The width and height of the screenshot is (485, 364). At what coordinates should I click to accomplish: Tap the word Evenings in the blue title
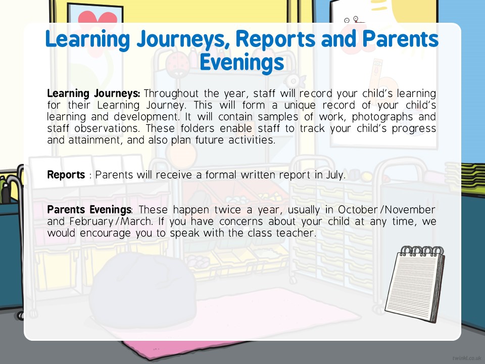point(242,63)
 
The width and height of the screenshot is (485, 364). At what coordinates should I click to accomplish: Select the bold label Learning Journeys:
point(93,94)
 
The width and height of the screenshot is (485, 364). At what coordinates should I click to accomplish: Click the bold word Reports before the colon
point(66,175)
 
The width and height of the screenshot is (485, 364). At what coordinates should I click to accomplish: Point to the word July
point(335,175)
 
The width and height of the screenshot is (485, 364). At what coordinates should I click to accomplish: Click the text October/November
point(386,210)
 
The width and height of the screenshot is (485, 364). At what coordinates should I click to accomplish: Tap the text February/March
point(111,222)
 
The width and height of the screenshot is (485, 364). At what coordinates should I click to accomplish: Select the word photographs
point(382,117)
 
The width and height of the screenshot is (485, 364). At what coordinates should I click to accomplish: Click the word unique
point(300,106)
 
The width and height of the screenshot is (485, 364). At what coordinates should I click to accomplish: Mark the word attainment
point(94,140)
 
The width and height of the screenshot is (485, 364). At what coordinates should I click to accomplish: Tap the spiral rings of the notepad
point(422,250)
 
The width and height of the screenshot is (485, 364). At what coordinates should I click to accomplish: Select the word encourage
point(105,234)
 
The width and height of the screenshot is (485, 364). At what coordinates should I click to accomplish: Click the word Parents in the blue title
point(400,39)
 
